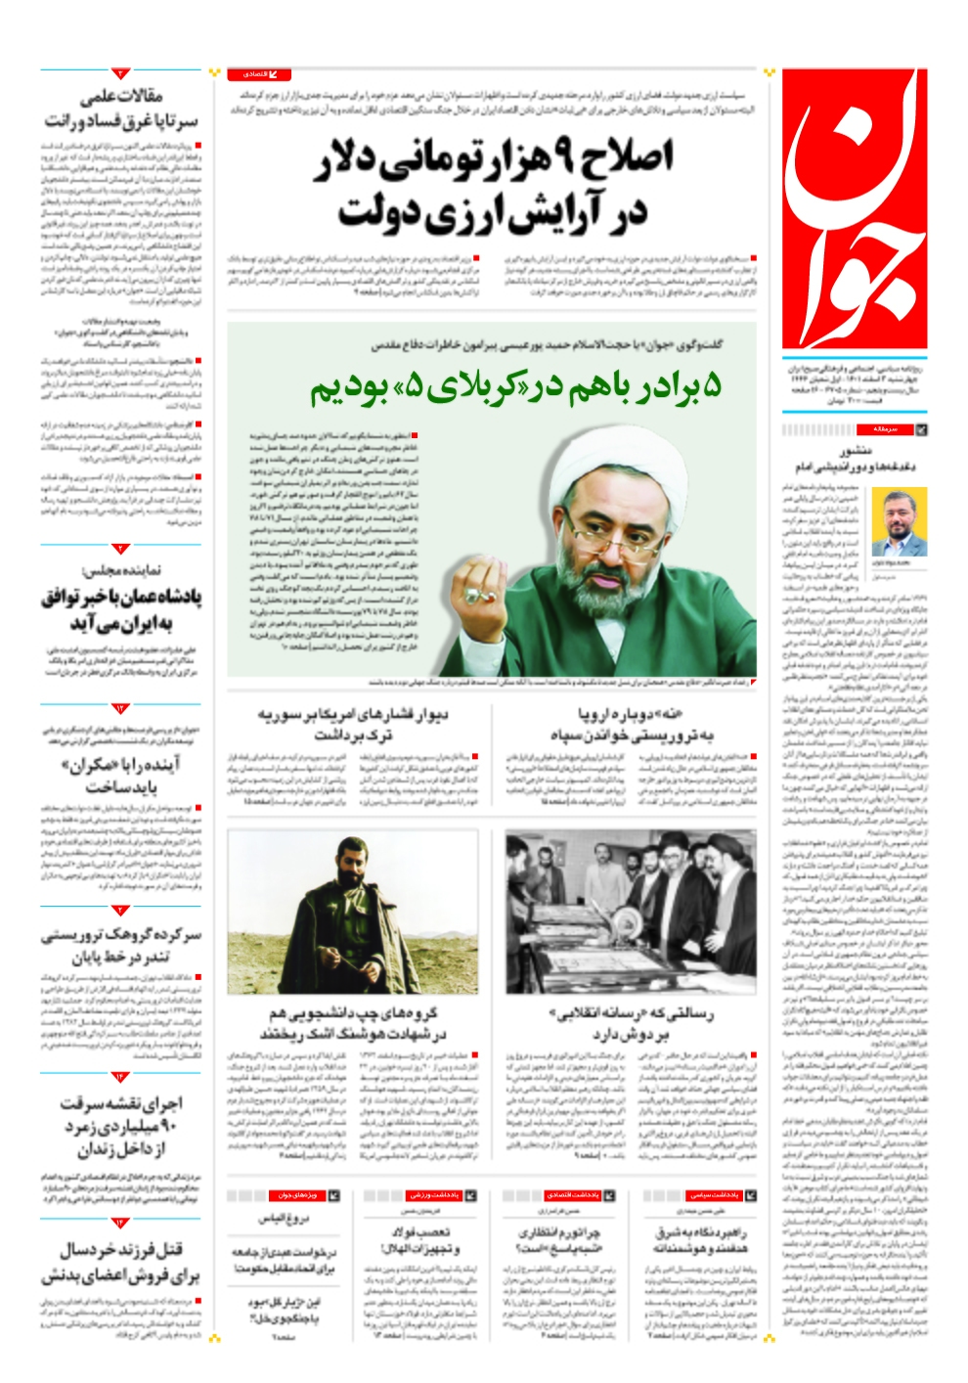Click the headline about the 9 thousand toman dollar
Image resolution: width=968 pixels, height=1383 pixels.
coord(493,185)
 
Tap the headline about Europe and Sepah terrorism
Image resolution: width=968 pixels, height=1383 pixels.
coord(631,725)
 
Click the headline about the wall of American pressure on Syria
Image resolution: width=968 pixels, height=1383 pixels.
coord(354,725)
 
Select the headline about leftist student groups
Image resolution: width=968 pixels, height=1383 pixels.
coord(354,1023)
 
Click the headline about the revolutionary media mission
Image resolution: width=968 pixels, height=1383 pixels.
coord(631,1023)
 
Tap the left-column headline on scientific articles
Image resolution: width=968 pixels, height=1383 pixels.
coord(120,108)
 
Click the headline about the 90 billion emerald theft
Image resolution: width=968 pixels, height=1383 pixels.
coord(120,1126)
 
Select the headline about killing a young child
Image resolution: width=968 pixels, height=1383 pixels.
coord(120,1263)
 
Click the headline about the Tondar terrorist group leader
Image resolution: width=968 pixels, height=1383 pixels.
coord(120,945)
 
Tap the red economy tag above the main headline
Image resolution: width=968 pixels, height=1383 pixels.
coord(259,74)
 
